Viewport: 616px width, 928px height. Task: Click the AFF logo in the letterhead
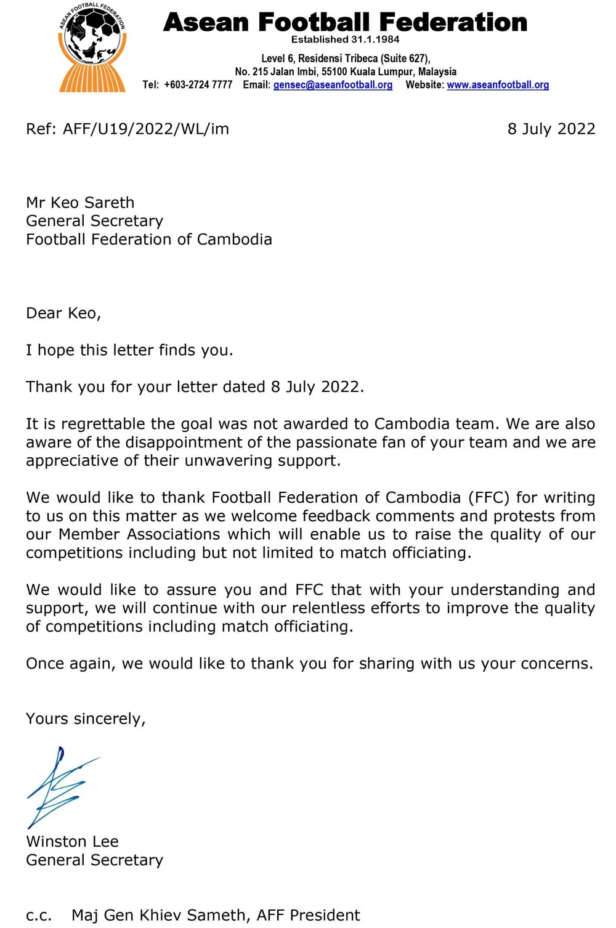coord(92,48)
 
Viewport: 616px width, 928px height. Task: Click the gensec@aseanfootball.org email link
coord(333,85)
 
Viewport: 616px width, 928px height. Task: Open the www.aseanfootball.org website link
coord(498,85)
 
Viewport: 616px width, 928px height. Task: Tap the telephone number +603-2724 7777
coord(198,85)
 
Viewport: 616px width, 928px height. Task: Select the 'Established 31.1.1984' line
coord(345,39)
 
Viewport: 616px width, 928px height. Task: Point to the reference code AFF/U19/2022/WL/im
coord(145,129)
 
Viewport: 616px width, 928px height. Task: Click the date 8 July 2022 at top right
coord(551,129)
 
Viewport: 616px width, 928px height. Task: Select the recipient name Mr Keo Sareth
coord(80,203)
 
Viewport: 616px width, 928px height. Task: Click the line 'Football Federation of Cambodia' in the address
coord(149,240)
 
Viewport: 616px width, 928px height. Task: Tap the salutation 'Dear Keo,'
coord(63,314)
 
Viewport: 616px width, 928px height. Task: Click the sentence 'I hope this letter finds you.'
coord(129,351)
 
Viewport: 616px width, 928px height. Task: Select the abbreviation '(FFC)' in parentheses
coord(488,498)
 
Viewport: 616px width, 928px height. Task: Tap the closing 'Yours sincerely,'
coord(86,719)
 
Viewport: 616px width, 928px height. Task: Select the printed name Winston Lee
coord(72,842)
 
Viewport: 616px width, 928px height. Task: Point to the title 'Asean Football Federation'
coord(345,22)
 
